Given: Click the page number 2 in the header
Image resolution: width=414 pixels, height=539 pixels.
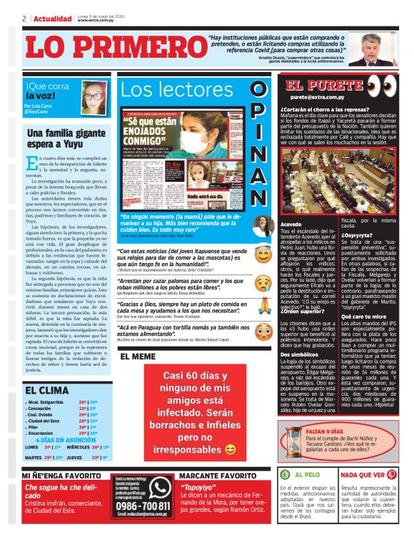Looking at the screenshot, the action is pos(24,18).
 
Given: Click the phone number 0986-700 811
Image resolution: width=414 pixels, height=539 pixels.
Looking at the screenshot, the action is pos(143,508).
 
